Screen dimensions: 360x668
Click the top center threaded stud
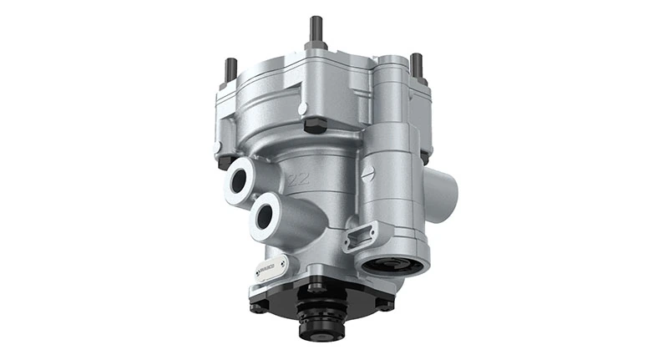316,30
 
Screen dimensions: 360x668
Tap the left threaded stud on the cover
231,68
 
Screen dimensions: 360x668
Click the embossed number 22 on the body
297,177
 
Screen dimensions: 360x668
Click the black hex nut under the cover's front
315,125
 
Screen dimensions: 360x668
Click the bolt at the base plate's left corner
260,306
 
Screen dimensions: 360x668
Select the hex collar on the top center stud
316,47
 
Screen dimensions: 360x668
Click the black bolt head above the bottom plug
316,289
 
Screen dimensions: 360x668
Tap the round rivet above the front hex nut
304,107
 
